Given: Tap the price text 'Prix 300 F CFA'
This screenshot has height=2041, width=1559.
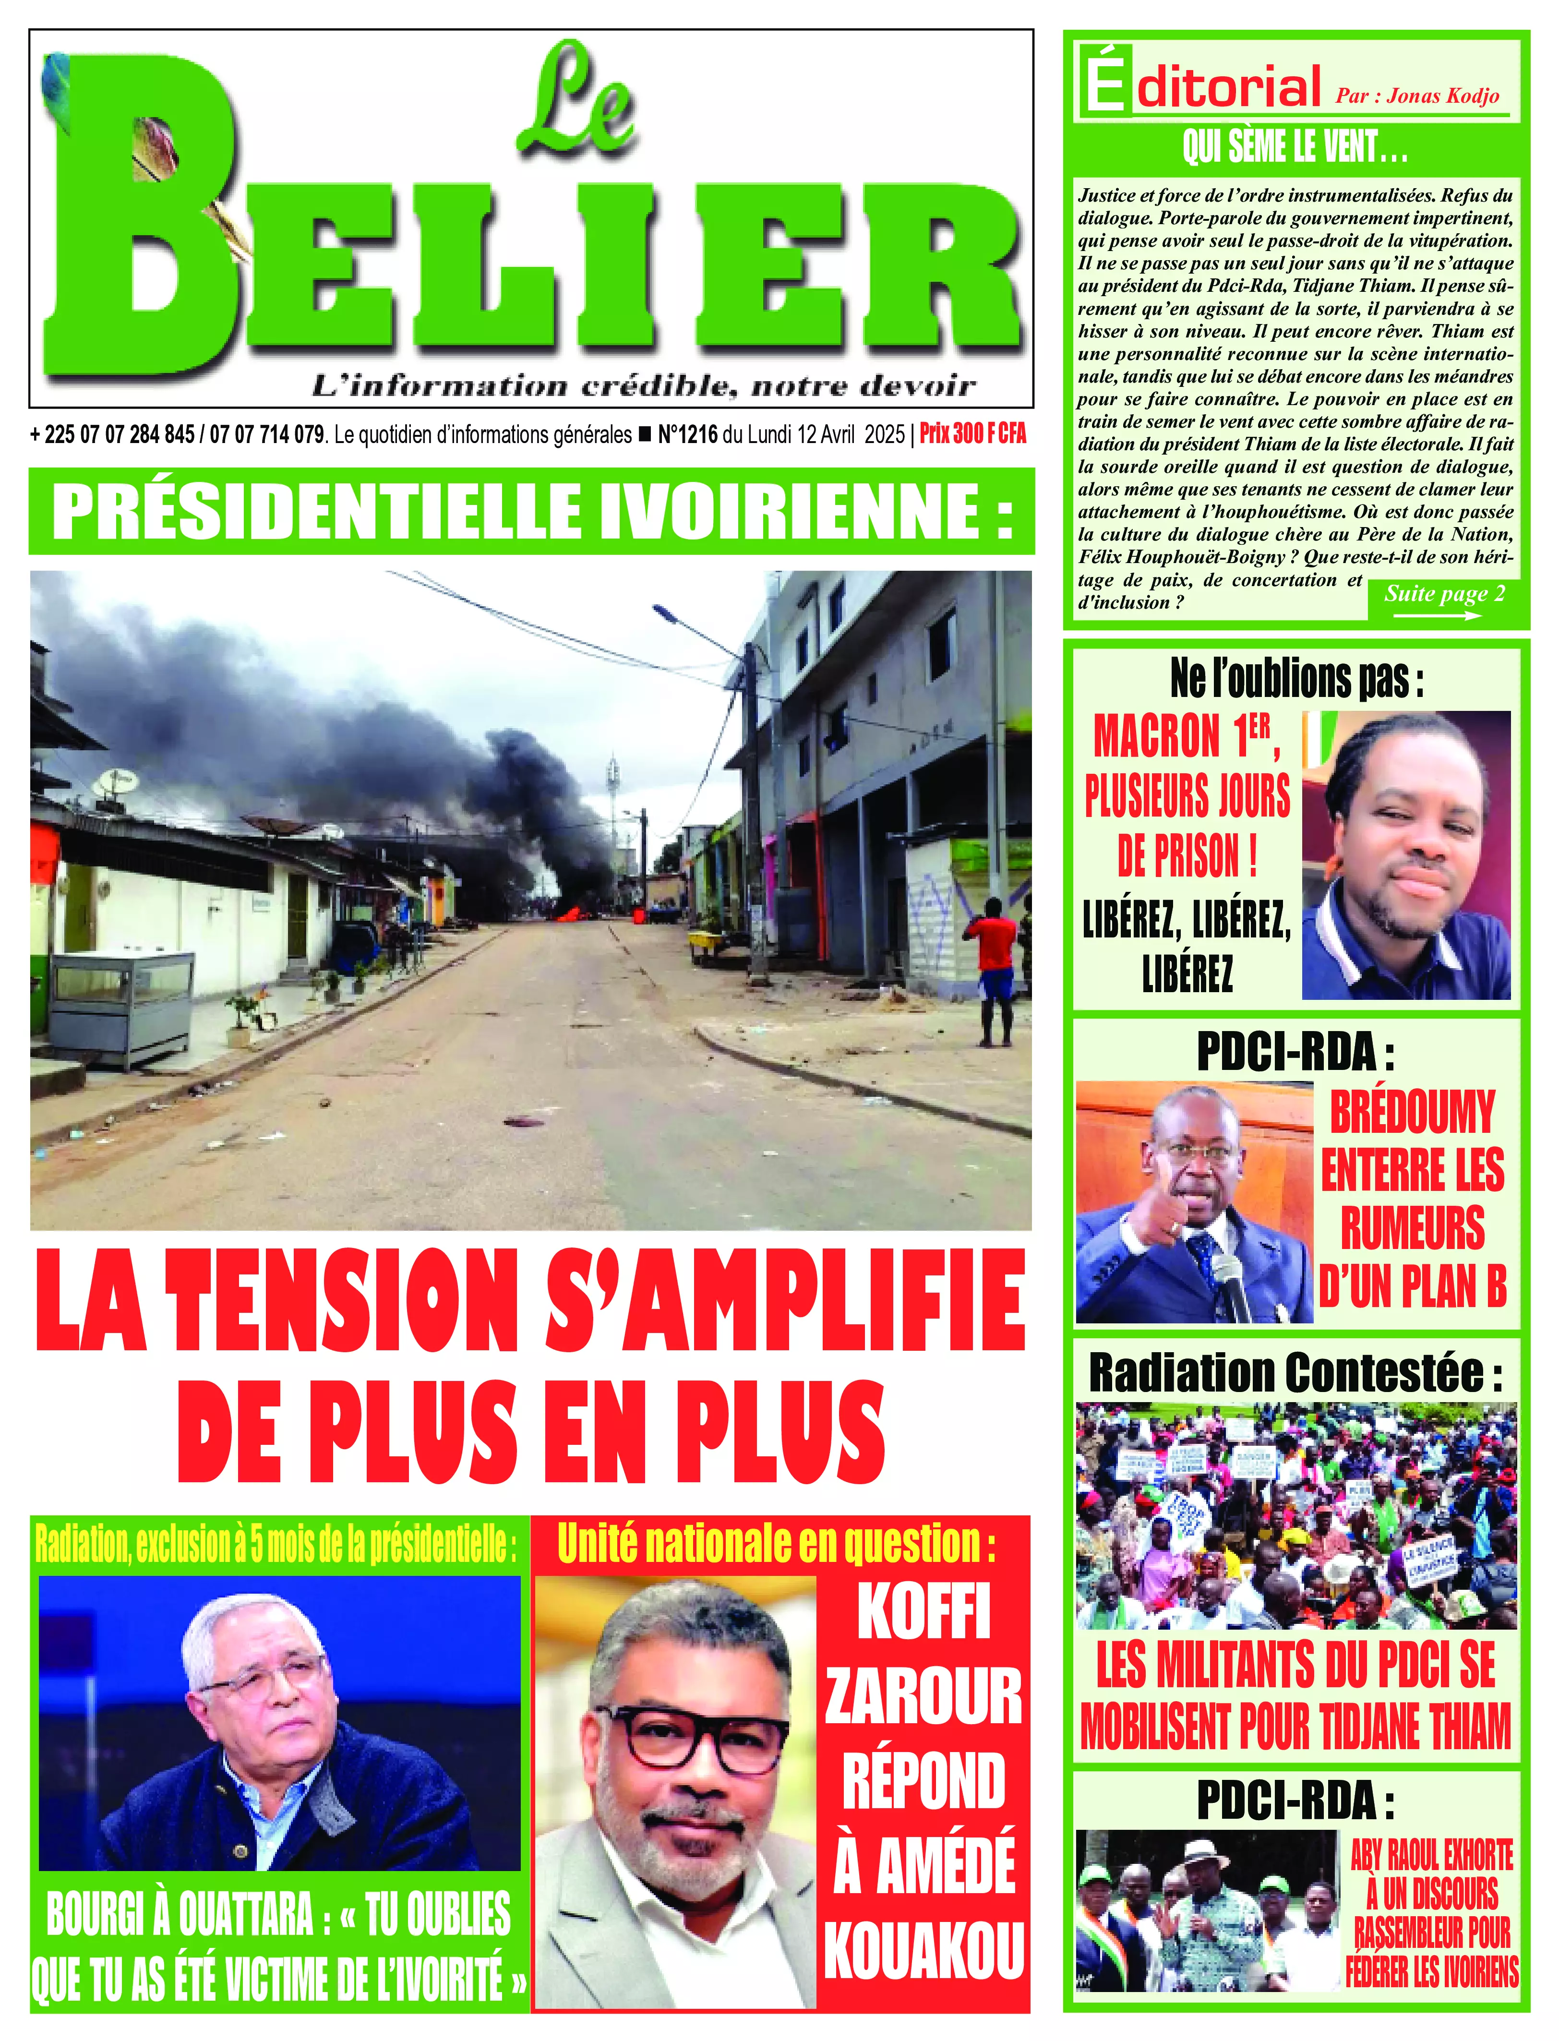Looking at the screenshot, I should click(972, 434).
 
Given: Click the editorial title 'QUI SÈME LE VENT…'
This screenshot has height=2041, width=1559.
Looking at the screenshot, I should click(1295, 147).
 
